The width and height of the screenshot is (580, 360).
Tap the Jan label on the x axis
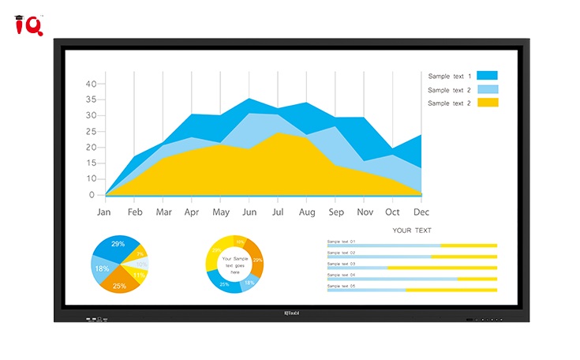coord(103,212)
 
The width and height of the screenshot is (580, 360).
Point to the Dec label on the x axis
coord(421,212)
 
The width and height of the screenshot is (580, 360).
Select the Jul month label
coord(278,212)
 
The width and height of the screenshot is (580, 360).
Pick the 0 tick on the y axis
coord(92,195)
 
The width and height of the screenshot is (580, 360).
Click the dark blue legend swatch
coord(487,76)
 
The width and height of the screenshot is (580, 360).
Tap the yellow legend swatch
coord(487,103)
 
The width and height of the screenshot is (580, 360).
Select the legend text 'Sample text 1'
coord(450,77)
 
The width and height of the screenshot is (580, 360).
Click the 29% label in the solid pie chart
coord(118,244)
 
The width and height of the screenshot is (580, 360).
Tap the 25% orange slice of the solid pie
coord(119,286)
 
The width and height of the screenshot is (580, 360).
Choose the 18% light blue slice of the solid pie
coord(102,268)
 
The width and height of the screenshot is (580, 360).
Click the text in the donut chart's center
coord(234,264)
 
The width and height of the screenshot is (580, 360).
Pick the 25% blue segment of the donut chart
coord(224,284)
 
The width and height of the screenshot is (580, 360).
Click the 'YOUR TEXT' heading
coord(412,231)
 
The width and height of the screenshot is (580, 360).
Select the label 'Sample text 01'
coord(342,241)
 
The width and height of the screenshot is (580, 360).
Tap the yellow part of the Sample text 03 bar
coord(442,268)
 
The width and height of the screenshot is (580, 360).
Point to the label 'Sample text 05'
coord(342,286)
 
